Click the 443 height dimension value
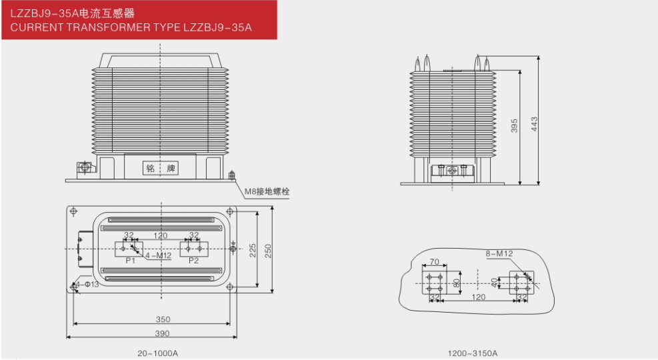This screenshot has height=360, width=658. (534, 124)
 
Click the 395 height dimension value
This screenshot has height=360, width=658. (515, 125)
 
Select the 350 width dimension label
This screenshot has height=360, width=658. (163, 319)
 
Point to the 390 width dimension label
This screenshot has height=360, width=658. (163, 333)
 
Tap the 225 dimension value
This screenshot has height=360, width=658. (253, 251)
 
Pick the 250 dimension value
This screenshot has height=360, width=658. (268, 251)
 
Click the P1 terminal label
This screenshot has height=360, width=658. (131, 261)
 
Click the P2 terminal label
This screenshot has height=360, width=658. (193, 261)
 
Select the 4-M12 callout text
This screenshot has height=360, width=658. (158, 255)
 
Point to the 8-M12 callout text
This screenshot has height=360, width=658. (499, 254)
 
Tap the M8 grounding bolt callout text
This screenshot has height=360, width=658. (267, 192)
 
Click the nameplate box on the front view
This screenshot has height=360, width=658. (160, 168)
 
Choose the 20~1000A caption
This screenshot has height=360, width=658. (158, 353)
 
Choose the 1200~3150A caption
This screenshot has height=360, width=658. (473, 353)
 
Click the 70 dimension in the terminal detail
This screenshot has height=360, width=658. (434, 262)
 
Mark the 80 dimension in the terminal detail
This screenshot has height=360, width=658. (457, 283)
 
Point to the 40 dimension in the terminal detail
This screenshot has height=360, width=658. (495, 283)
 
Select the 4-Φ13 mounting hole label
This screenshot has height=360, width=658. (87, 285)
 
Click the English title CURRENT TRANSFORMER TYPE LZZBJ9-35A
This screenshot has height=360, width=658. (131, 28)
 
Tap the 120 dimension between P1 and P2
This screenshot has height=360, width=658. (160, 236)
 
